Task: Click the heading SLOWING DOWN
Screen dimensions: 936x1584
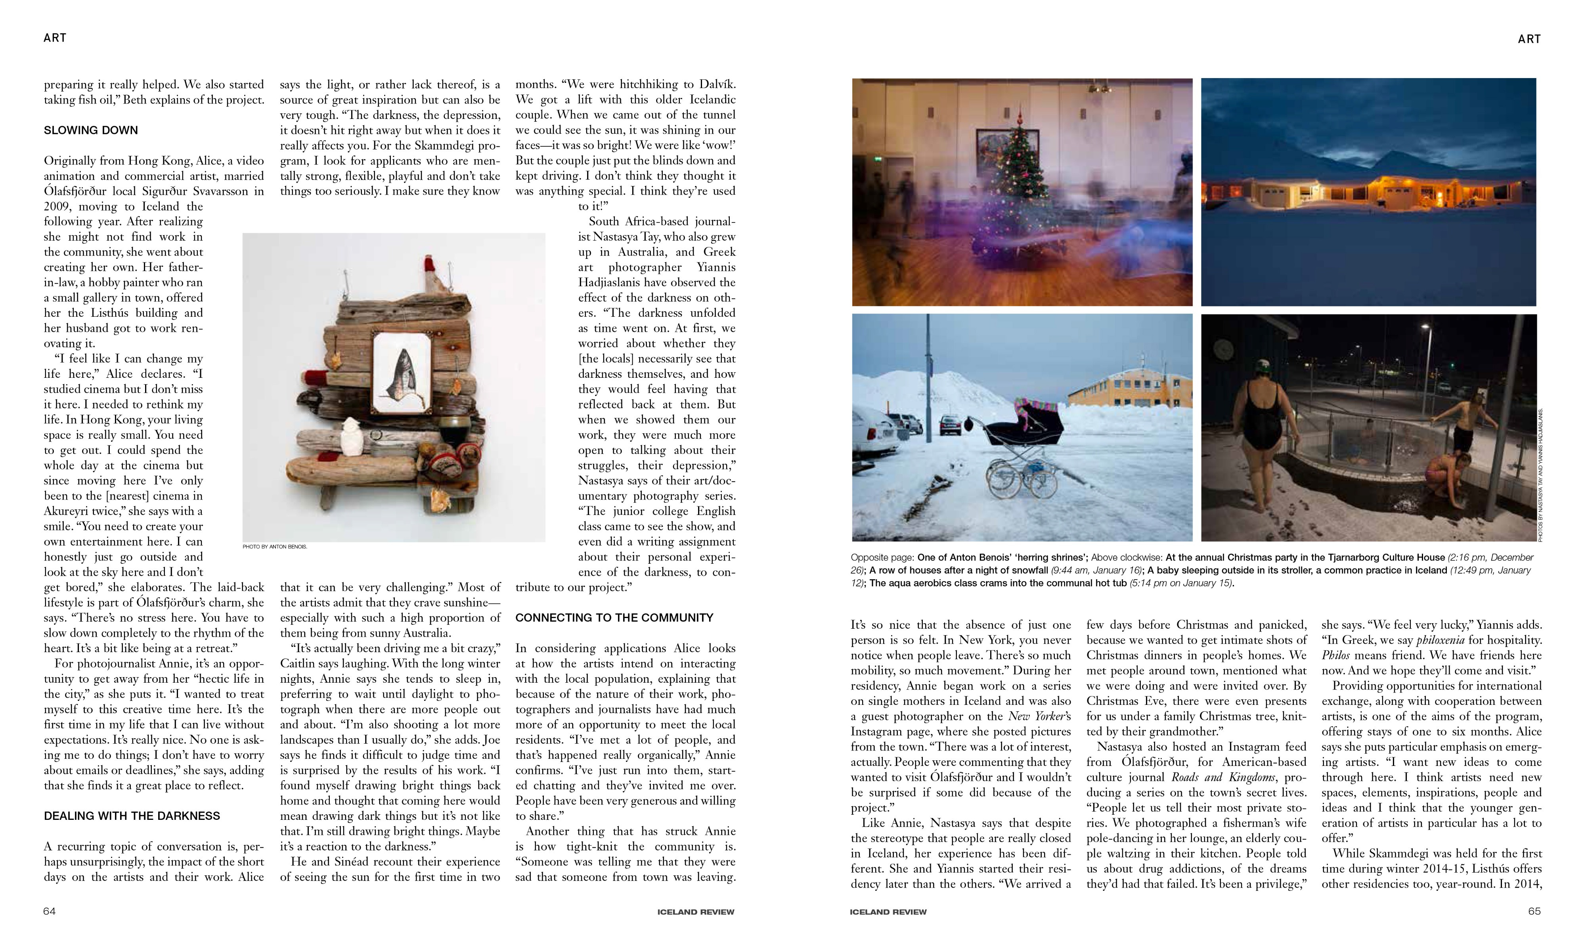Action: (91, 130)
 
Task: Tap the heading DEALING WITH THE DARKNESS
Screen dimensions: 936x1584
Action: (132, 815)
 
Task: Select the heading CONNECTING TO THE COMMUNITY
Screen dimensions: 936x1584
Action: (614, 618)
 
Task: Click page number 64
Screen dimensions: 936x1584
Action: (49, 911)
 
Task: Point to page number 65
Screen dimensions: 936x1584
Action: (1534, 911)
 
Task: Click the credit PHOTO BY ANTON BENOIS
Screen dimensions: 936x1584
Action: (275, 546)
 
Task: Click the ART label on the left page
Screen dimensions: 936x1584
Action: (55, 38)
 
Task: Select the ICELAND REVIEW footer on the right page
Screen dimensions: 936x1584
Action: (888, 911)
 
